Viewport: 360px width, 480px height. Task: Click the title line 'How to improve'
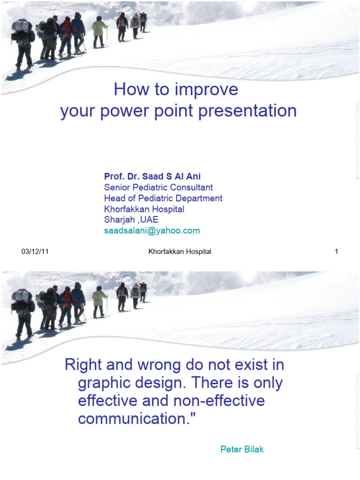point(176,89)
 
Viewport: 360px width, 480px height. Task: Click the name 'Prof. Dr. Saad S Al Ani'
point(152,177)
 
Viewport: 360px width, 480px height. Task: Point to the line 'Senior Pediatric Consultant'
point(158,187)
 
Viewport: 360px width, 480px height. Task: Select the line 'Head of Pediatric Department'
point(163,198)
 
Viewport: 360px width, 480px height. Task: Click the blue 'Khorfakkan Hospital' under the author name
point(144,209)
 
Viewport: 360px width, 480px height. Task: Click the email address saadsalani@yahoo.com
point(151,231)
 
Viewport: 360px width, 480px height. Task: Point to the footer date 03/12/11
point(35,252)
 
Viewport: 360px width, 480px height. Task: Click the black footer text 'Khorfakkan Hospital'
point(180,252)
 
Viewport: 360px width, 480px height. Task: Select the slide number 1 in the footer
point(336,252)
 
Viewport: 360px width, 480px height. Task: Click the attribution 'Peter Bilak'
point(242,450)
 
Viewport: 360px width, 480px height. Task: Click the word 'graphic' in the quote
point(106,383)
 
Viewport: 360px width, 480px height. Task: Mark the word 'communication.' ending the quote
point(135,419)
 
